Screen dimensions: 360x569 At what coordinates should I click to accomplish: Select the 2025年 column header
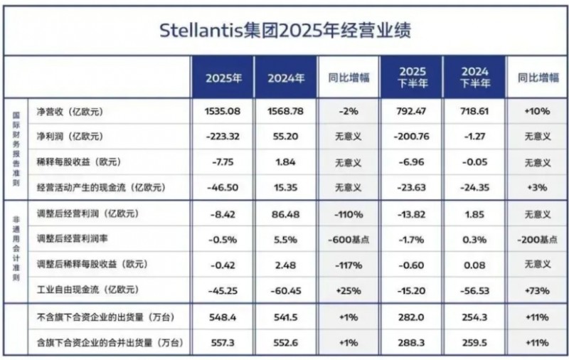pos(222,78)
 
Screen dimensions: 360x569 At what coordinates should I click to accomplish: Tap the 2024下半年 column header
pos(474,78)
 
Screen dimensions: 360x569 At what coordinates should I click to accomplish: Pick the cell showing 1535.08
pos(222,112)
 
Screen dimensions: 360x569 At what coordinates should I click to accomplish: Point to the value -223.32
pos(222,137)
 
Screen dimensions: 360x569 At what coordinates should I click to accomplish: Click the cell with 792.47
pos(411,112)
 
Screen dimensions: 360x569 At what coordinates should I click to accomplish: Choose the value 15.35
pos(286,188)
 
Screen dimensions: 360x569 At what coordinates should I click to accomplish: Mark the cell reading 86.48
pos(286,214)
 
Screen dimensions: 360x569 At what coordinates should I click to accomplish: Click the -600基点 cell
pos(349,240)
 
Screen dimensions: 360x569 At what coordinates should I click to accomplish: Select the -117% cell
pos(349,265)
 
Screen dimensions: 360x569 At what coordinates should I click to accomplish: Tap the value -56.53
pos(474,291)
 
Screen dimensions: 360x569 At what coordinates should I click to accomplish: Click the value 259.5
pos(474,344)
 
